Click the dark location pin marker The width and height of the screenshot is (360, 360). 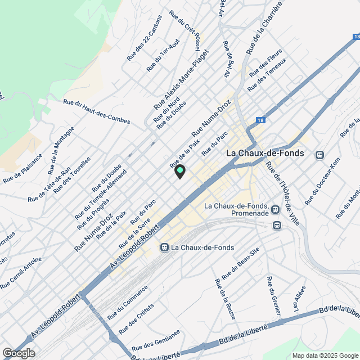click(x=180, y=171)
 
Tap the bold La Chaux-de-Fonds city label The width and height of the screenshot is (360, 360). click(x=264, y=153)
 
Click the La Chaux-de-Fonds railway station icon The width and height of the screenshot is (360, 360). click(x=164, y=247)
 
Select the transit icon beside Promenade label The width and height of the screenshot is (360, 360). click(x=275, y=210)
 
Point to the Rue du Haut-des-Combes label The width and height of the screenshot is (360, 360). click(x=97, y=112)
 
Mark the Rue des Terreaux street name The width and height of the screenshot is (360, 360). click(x=267, y=74)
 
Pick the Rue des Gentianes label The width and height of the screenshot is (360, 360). click(x=156, y=340)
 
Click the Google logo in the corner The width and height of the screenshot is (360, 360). click(x=18, y=353)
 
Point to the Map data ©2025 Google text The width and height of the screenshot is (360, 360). click(x=325, y=355)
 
